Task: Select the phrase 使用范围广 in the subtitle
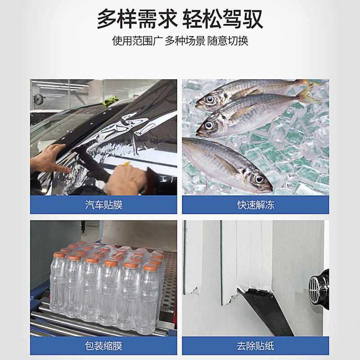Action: (x=137, y=40)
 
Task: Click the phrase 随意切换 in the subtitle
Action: (x=228, y=40)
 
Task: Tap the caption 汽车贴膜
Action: (x=103, y=205)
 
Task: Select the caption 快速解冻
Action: (x=256, y=205)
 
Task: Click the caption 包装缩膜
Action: (x=103, y=346)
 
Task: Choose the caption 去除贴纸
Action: (x=256, y=346)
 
